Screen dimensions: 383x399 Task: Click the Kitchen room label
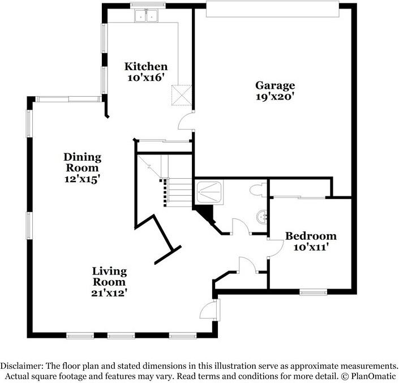tap(146, 66)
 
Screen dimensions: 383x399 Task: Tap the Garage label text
tap(275, 85)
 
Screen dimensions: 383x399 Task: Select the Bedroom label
tap(311, 236)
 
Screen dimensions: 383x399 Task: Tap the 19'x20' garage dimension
tap(275, 97)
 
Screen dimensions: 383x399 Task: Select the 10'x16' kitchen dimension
tap(146, 78)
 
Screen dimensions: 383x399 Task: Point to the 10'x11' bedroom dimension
tap(311, 247)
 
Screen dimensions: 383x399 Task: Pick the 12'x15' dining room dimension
tap(82, 179)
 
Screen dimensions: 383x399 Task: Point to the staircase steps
tap(177, 192)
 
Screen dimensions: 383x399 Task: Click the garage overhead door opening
tap(273, 8)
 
